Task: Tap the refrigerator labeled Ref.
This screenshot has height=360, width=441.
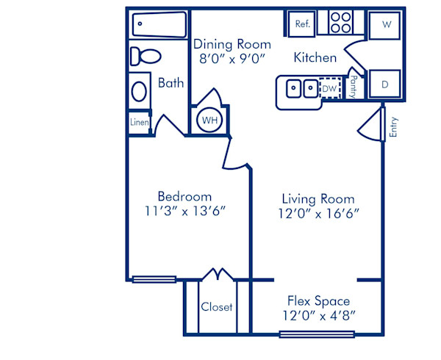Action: [x=302, y=24]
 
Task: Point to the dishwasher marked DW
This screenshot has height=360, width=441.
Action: [x=330, y=88]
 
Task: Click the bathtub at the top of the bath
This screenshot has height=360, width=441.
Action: [x=159, y=26]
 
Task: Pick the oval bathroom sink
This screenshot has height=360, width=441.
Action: [x=139, y=91]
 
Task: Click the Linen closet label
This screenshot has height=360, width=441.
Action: [x=140, y=122]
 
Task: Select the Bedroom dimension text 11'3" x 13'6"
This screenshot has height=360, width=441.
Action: [x=185, y=211]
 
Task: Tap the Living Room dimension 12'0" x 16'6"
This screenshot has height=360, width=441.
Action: [x=318, y=213]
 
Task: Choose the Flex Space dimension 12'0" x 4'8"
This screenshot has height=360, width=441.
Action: [x=318, y=315]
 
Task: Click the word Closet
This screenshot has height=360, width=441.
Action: [x=216, y=306]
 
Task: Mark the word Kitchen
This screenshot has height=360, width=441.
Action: [x=315, y=57]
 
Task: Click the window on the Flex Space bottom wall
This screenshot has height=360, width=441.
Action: [x=317, y=335]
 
